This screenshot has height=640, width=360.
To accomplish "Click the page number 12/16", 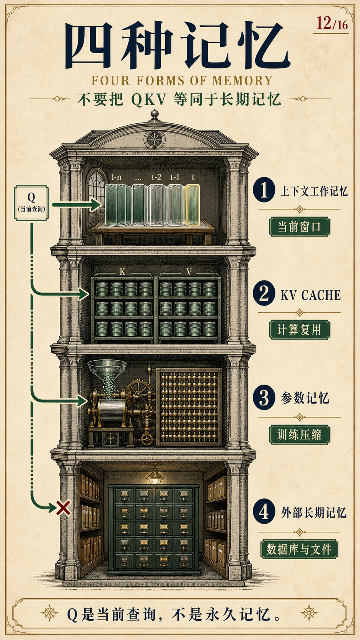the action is [332, 23].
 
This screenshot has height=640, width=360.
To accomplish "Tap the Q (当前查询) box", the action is [31, 203].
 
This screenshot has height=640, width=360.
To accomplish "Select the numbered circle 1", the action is [264, 190].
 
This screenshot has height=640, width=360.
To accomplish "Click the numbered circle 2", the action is [264, 293].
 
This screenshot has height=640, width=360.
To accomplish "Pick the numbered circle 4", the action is [264, 511].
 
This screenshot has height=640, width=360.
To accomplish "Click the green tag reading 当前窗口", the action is [299, 227].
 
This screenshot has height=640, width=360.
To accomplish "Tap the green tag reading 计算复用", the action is [299, 330].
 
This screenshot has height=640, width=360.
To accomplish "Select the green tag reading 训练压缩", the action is [299, 434].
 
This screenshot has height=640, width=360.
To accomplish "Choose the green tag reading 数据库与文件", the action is [299, 549].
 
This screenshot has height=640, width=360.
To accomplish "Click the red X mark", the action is [64, 508].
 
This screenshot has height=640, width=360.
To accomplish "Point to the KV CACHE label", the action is [311, 295].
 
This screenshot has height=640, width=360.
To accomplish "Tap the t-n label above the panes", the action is [116, 178].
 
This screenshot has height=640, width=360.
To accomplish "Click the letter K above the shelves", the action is [122, 272].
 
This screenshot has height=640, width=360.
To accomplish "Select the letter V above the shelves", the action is [189, 272].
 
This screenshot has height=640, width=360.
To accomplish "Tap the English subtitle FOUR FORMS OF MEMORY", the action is [182, 80].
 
